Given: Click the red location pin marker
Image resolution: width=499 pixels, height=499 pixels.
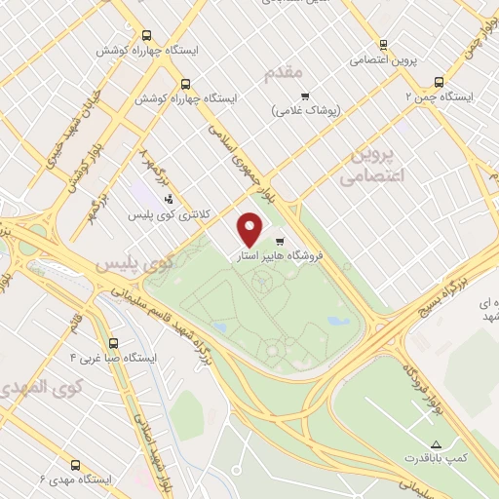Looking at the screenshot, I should (x=251, y=229).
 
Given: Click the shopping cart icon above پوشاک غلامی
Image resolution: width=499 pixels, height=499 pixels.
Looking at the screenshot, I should (x=305, y=96).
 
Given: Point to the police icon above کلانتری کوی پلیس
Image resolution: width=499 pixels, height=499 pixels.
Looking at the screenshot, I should (x=169, y=200).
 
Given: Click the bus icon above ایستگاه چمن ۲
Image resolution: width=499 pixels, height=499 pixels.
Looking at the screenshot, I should (x=439, y=83).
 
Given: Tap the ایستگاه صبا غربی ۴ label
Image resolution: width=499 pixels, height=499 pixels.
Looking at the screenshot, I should (x=115, y=358).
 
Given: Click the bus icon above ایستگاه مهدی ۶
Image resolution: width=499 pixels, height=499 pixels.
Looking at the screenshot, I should (x=77, y=464).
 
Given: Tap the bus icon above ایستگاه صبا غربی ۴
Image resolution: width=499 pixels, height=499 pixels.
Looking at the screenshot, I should (x=115, y=343).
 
